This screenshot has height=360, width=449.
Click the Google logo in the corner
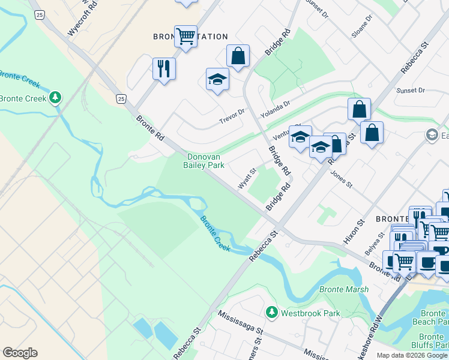[x=20, y=353]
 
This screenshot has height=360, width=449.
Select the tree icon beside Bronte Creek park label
[x=55, y=97]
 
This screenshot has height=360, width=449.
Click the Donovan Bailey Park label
[x=203, y=160]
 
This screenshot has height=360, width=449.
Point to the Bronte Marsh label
[x=340, y=290]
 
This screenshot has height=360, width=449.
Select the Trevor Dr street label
[x=232, y=112]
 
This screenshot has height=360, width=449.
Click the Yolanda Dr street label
[x=275, y=107]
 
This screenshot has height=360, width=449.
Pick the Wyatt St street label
[x=247, y=179]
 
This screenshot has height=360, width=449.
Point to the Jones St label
[x=340, y=178]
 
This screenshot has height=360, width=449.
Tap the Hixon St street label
[x=358, y=231]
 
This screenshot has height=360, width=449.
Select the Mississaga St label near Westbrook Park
[x=241, y=322]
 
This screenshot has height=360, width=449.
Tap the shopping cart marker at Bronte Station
[x=185, y=37]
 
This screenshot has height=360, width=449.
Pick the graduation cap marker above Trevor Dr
[x=217, y=79]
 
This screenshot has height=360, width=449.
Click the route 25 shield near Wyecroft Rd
[x=39, y=14]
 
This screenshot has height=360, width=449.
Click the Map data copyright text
[x=412, y=355]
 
